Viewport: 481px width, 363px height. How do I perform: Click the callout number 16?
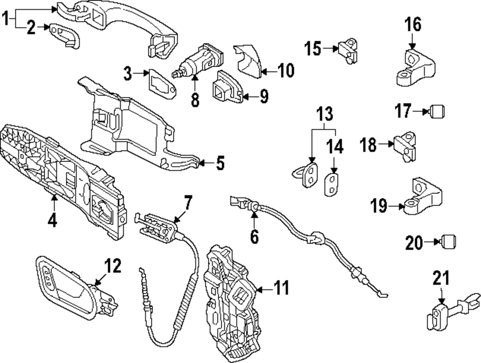point(412,24)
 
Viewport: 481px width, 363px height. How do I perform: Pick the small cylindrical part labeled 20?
point(448,241)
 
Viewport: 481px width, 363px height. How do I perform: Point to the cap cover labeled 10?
point(249,60)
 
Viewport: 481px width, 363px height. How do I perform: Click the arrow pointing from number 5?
point(204,163)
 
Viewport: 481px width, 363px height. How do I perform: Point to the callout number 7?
point(187,202)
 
